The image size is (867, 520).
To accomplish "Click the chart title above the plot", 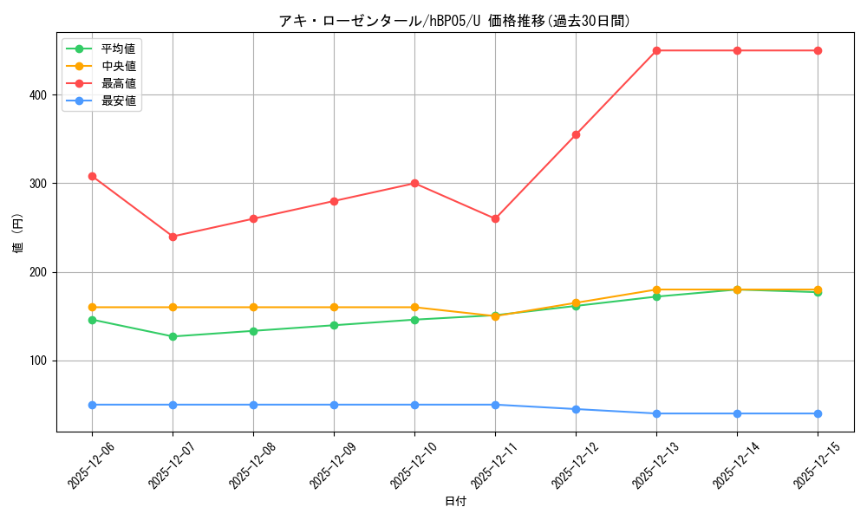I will pyautogui.click(x=454, y=21).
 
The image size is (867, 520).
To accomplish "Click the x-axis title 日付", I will pyautogui.click(x=455, y=502).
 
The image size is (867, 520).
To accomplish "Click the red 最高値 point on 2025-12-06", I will pyautogui.click(x=92, y=176).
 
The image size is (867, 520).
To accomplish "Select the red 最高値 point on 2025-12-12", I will pyautogui.click(x=576, y=134).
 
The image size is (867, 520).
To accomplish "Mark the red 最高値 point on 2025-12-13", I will pyautogui.click(x=656, y=50).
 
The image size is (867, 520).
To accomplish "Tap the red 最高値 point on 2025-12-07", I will pyautogui.click(x=173, y=237).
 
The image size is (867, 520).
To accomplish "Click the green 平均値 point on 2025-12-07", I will pyautogui.click(x=173, y=336).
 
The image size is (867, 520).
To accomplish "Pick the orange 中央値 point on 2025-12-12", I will pyautogui.click(x=576, y=302).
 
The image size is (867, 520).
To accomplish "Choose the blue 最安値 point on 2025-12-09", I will pyautogui.click(x=334, y=405).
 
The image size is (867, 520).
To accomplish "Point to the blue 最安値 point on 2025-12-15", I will pyautogui.click(x=818, y=413).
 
